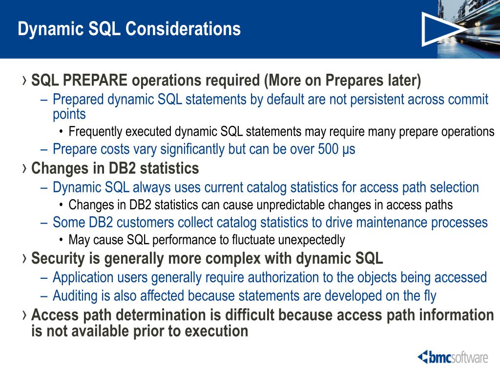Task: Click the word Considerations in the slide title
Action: (183, 29)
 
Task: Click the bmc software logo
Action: (453, 357)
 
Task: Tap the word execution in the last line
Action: (216, 331)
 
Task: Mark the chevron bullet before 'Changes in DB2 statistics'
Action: (24, 168)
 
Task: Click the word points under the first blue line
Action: (69, 114)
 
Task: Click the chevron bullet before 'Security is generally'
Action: (24, 258)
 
